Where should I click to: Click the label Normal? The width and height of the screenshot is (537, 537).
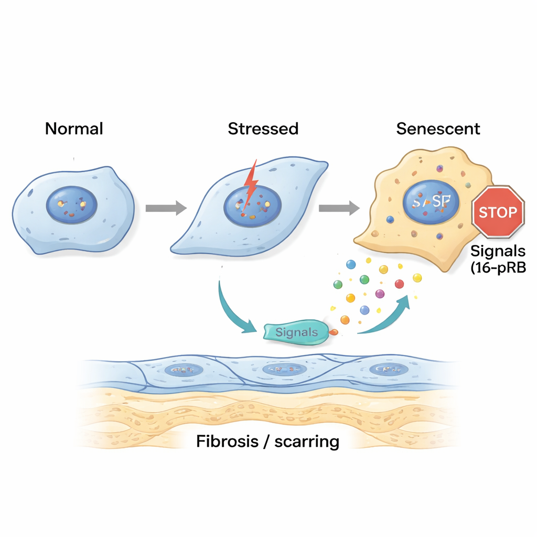(x=74, y=128)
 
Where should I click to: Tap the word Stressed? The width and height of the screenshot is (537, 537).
(x=263, y=128)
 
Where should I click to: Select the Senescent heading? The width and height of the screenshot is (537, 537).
(x=438, y=128)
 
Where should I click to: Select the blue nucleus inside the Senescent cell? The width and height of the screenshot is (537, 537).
(x=431, y=202)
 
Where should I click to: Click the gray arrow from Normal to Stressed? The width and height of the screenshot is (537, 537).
(x=165, y=208)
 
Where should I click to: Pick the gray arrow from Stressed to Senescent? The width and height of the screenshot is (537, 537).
(x=338, y=208)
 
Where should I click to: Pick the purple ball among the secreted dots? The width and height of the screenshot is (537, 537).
(x=380, y=293)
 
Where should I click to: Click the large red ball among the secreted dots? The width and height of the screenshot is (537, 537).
(x=399, y=284)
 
